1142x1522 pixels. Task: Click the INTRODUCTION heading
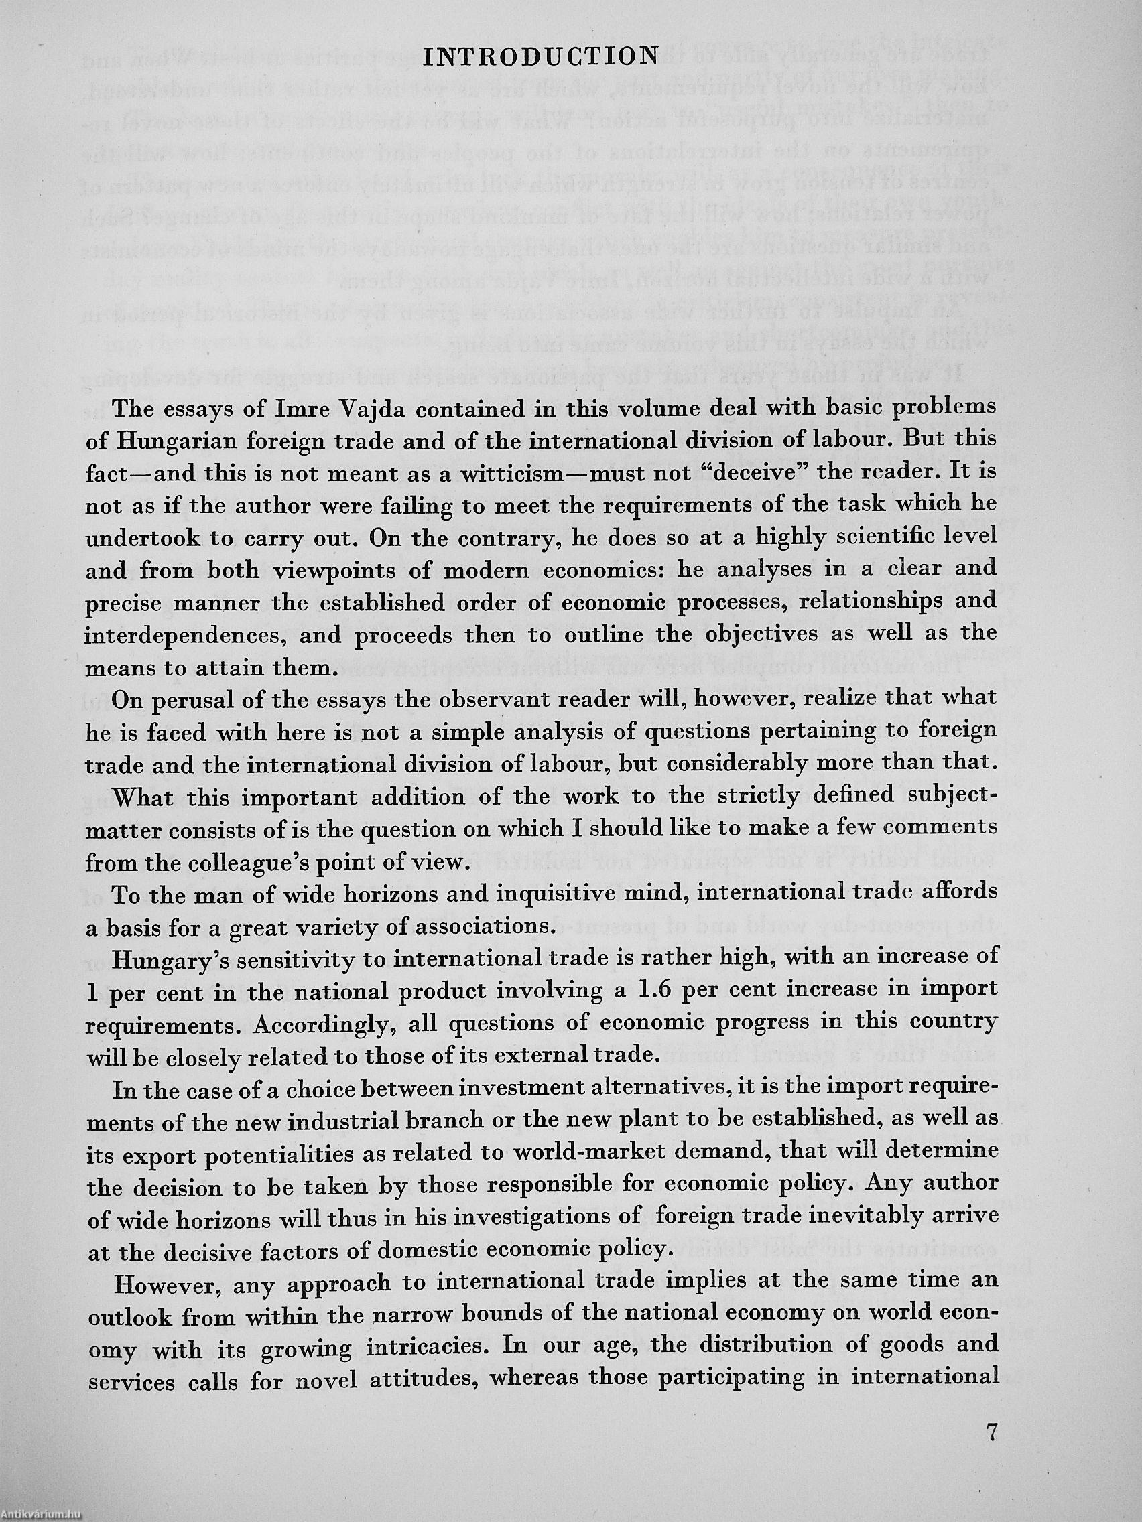(540, 56)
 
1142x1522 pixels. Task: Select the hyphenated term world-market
(585, 1152)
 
